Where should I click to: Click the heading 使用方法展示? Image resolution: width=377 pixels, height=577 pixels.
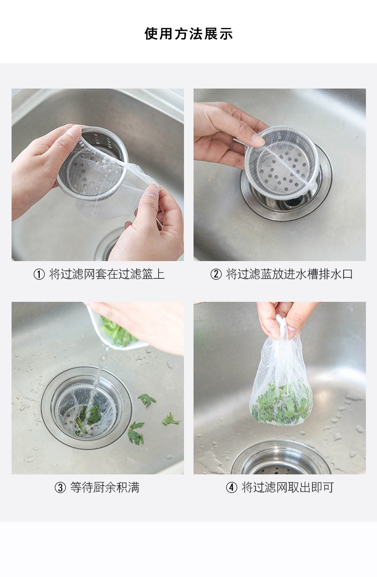(189, 34)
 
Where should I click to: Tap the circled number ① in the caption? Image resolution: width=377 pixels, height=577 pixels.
(39, 274)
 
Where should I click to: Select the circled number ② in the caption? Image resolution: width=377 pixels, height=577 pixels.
(216, 274)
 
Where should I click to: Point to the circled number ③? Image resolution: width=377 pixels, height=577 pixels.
(60, 487)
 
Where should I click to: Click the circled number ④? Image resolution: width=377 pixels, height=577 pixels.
(231, 487)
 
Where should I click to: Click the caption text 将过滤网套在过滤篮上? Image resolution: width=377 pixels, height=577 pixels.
(107, 274)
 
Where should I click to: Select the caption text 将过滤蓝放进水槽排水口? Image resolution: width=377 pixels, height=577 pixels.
(290, 274)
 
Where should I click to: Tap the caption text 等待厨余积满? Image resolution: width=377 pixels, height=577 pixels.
(105, 487)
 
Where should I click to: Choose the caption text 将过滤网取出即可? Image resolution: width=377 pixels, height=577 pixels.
(288, 487)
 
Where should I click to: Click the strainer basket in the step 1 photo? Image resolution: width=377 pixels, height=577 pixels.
(92, 162)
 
